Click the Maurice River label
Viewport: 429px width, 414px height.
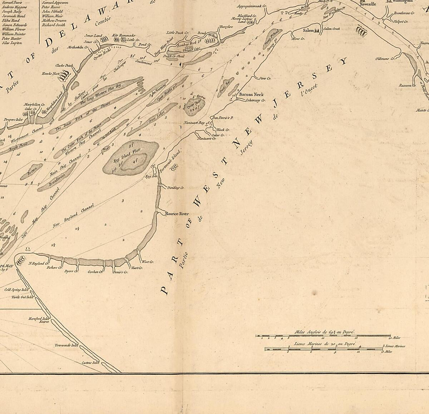pos(176,214)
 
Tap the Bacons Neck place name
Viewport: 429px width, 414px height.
pos(251,94)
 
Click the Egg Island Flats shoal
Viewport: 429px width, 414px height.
pos(131,157)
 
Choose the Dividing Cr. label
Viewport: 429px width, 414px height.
pos(176,187)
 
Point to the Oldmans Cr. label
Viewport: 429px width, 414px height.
pos(387,58)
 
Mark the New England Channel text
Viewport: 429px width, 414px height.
pos(73,216)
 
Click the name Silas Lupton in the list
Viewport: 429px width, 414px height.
pos(12,43)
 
